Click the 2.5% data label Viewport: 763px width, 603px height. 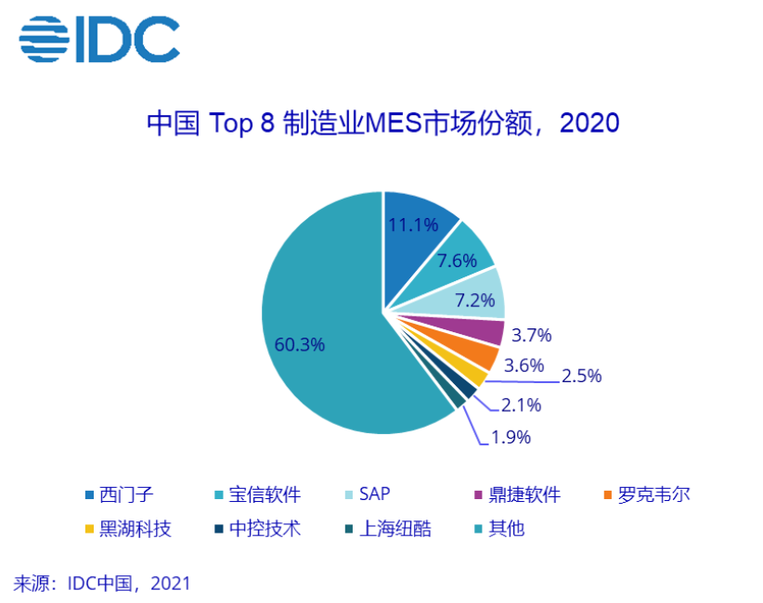click(x=581, y=376)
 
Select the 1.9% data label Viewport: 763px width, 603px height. click(x=510, y=437)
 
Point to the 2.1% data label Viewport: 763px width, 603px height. click(x=521, y=404)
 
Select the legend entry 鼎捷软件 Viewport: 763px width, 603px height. click(x=524, y=494)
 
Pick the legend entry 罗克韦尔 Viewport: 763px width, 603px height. click(x=653, y=494)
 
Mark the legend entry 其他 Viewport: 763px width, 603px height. click(x=506, y=530)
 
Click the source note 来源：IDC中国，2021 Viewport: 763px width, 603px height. click(x=102, y=583)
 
